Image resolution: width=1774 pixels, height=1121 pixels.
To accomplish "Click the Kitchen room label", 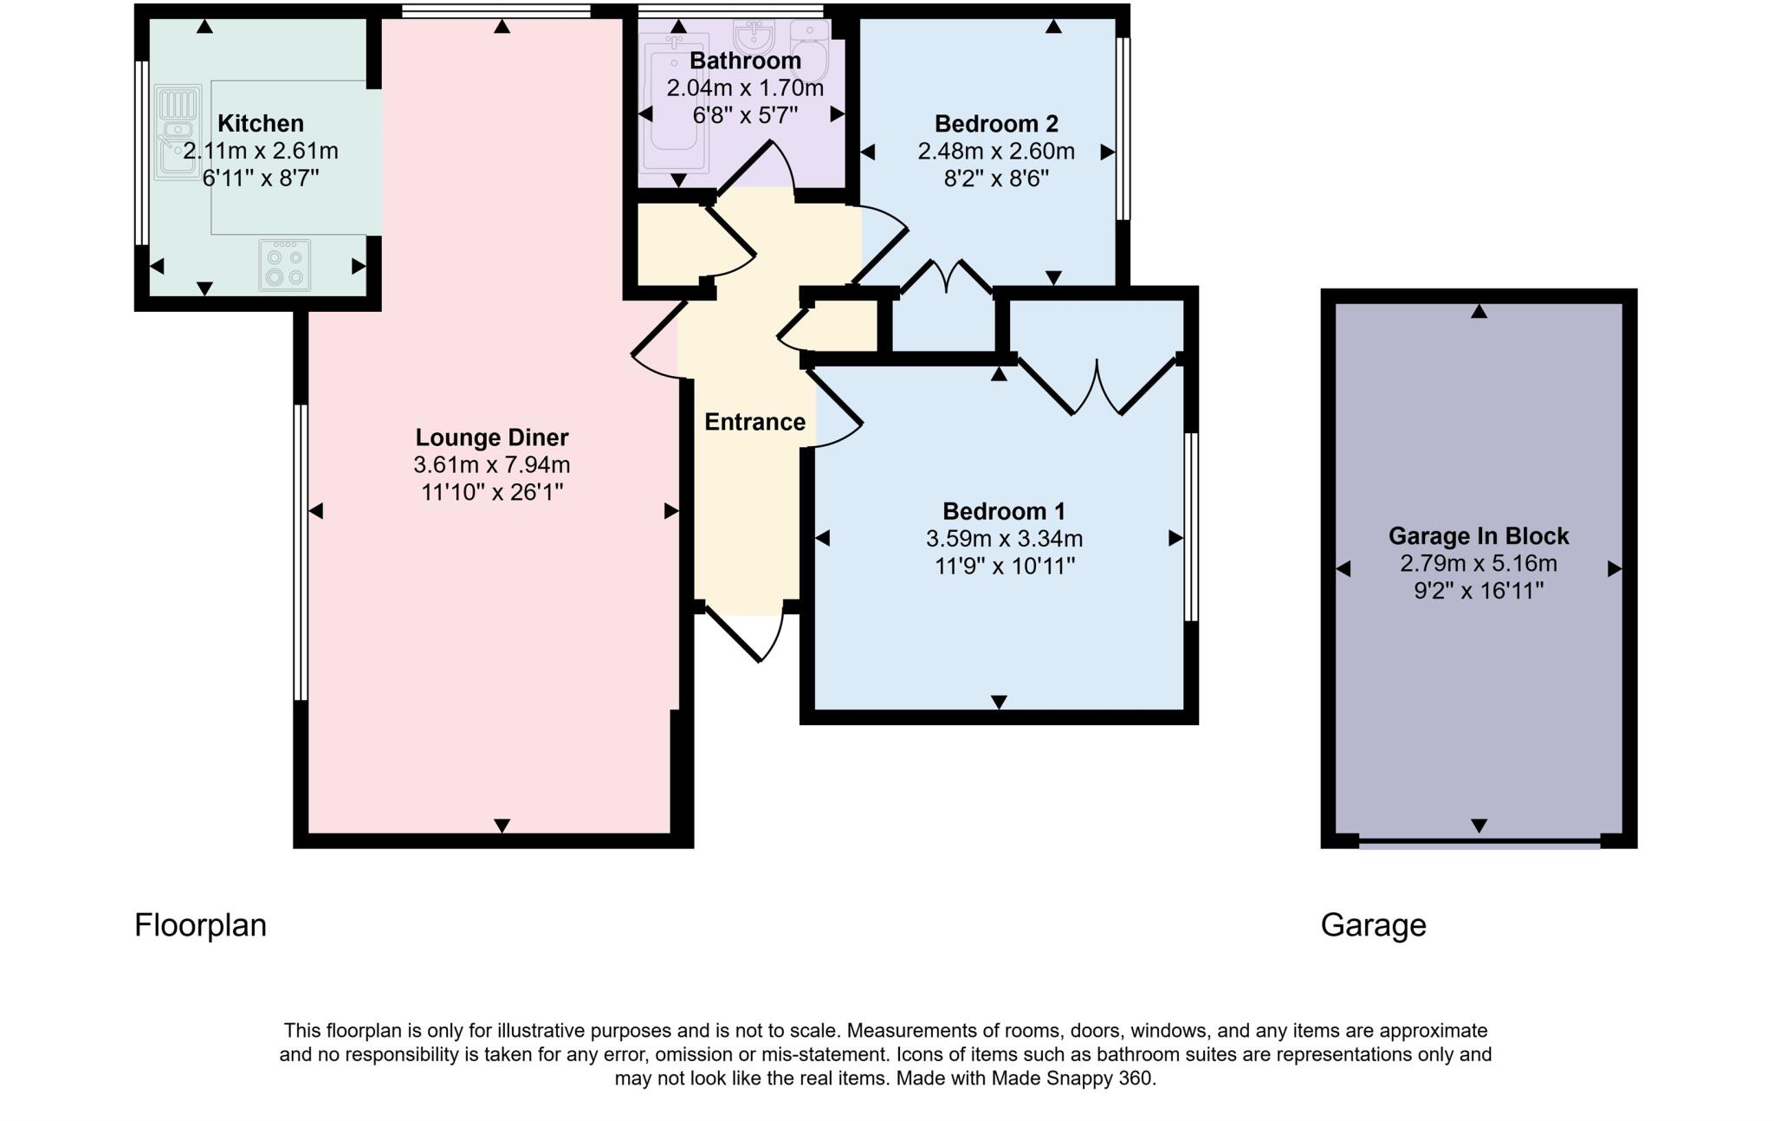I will (260, 123).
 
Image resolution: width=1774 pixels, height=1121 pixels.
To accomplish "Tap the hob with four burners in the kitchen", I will (285, 265).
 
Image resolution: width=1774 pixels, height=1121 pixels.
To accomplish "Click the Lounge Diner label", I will (491, 437).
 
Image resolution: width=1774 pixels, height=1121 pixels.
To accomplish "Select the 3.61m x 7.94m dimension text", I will (491, 465).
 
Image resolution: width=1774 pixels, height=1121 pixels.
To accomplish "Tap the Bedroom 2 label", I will (996, 123).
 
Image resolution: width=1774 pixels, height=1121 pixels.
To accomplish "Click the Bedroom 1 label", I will (1004, 511).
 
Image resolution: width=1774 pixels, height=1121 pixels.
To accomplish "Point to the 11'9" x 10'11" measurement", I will (1004, 567).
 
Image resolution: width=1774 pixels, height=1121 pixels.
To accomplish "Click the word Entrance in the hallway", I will (754, 422).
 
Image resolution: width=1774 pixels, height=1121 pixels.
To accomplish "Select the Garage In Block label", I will (1479, 536).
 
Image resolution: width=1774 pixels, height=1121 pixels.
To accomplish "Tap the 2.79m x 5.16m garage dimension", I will (1479, 564).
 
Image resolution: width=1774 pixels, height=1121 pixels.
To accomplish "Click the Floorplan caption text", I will (200, 925).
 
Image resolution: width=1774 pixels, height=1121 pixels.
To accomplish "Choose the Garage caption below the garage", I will (1373, 925).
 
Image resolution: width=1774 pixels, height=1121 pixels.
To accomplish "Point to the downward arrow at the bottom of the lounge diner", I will (502, 826).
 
